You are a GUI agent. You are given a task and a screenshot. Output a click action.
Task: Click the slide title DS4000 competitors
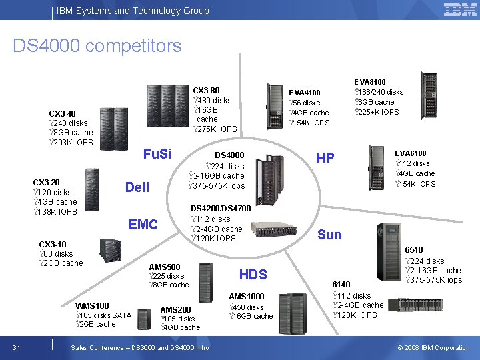(x=97, y=46)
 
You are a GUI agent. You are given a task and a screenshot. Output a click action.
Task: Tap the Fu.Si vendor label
(x=157, y=154)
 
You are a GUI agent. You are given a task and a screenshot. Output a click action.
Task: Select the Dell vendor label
(x=137, y=187)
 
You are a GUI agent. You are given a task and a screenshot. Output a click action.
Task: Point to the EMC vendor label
(x=143, y=225)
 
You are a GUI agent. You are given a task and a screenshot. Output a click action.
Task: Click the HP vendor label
(x=325, y=158)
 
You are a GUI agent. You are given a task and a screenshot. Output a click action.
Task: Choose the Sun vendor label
(x=329, y=235)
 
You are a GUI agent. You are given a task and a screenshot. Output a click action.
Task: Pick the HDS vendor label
(x=253, y=275)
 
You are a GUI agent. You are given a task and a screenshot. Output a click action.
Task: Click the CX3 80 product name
(x=206, y=90)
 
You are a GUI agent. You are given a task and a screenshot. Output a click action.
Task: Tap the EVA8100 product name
(x=369, y=82)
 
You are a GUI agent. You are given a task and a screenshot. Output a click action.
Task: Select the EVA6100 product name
(x=411, y=153)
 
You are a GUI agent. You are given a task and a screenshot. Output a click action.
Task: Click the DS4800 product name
(x=229, y=155)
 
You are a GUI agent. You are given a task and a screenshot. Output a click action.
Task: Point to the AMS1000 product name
(x=247, y=297)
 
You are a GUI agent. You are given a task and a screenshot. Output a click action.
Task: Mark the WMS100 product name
(x=93, y=306)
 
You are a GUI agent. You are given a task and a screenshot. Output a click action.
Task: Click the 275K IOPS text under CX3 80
(x=214, y=129)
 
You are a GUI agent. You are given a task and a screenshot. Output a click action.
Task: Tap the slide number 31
(x=16, y=347)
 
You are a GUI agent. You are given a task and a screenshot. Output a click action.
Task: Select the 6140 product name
(x=341, y=284)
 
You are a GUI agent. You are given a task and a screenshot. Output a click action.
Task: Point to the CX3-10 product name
(x=53, y=244)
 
